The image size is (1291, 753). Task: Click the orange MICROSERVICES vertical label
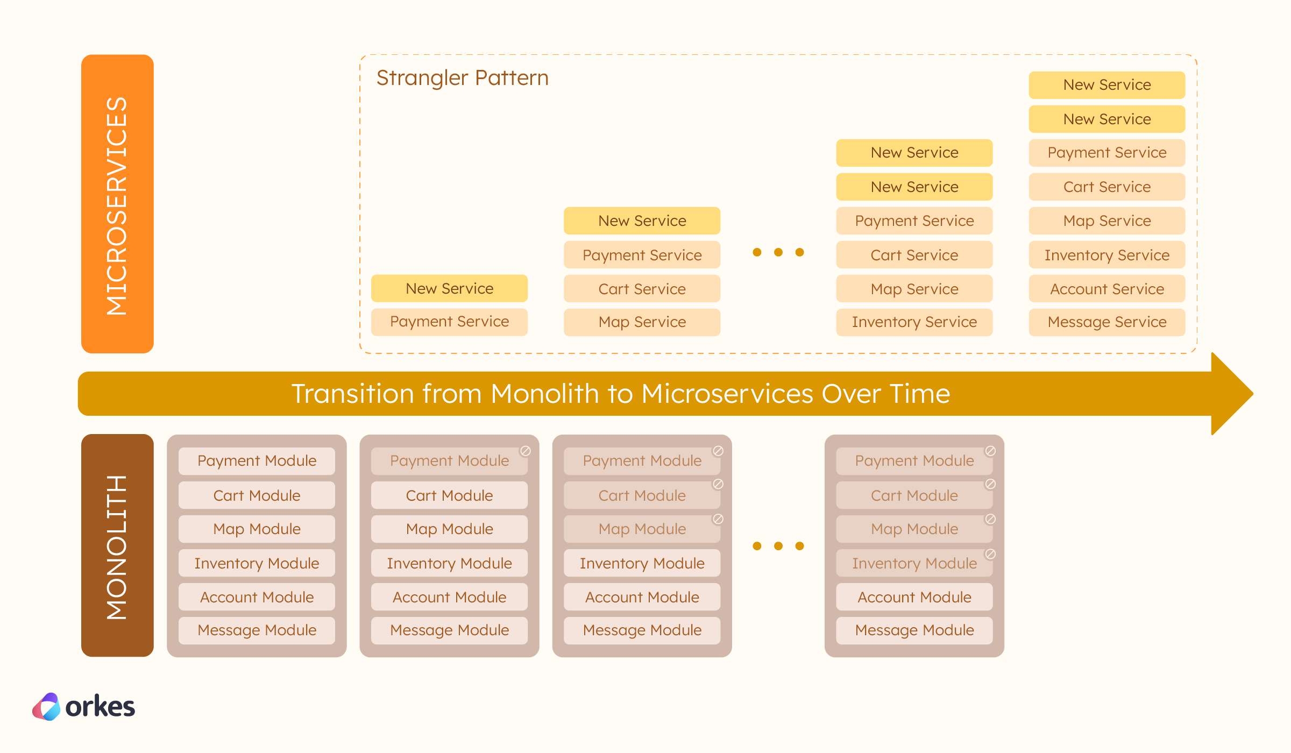click(x=117, y=204)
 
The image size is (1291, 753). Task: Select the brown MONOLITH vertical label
click(x=117, y=546)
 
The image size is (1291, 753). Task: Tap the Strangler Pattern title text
click(x=462, y=78)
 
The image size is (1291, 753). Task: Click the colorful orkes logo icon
click(x=47, y=706)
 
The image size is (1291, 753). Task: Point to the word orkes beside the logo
click(x=100, y=707)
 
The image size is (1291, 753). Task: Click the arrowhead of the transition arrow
click(x=1232, y=394)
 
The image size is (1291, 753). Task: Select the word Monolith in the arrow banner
click(x=544, y=394)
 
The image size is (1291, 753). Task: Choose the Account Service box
click(x=1106, y=289)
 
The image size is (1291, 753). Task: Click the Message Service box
click(x=1106, y=322)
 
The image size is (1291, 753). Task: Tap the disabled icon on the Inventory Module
click(x=990, y=553)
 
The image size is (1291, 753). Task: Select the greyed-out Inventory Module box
click(x=914, y=563)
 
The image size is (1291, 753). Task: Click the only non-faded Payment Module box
click(x=257, y=461)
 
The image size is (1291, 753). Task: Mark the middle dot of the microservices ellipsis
click(x=778, y=252)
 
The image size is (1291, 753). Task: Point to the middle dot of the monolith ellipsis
click(x=778, y=546)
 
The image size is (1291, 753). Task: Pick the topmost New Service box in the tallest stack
click(x=1106, y=85)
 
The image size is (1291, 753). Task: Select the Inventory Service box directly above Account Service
click(x=1106, y=255)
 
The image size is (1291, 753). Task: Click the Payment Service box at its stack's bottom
click(x=449, y=322)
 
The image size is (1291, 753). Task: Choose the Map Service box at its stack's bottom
click(x=642, y=322)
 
